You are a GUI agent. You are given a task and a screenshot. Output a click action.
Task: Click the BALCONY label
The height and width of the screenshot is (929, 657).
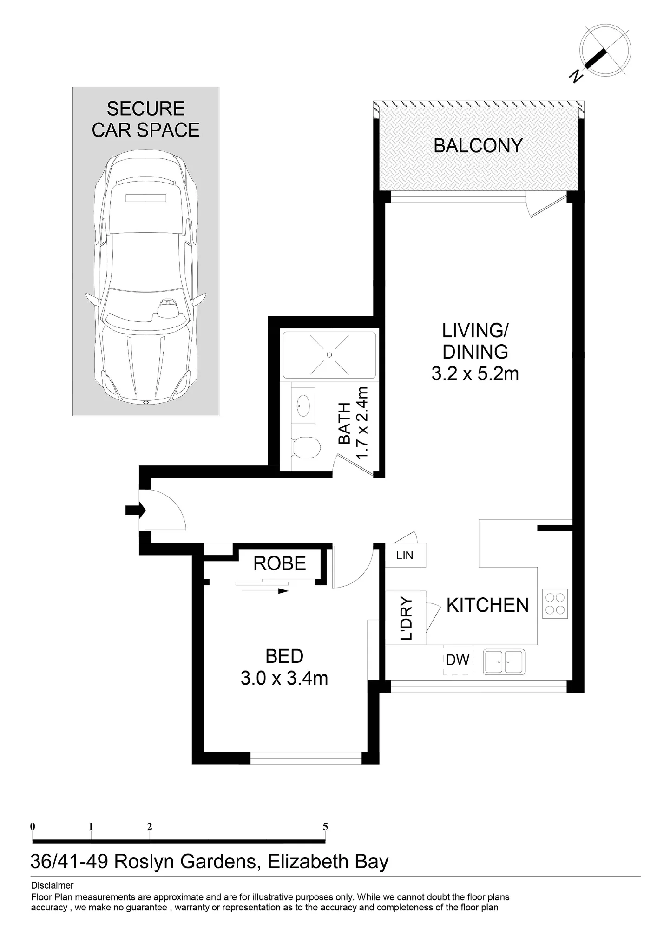pos(478,146)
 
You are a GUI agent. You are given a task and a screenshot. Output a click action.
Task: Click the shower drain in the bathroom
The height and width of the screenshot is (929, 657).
pos(329,355)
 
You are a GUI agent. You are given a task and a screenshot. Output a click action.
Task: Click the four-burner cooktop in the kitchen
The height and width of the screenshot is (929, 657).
pos(555,603)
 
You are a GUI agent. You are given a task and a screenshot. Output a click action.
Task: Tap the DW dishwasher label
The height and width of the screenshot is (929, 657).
pos(458,660)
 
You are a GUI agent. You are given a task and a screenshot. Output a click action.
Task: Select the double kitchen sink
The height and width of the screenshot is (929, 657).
pos(504,661)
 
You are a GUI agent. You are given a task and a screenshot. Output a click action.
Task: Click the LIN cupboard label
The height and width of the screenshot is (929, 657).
pos(405,555)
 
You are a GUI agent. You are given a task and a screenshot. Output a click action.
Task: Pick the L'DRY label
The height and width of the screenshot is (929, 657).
pos(406,617)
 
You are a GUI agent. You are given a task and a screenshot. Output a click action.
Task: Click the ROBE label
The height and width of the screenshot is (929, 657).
pos(280,563)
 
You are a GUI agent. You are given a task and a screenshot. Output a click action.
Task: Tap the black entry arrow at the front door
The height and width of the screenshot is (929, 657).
pos(136,510)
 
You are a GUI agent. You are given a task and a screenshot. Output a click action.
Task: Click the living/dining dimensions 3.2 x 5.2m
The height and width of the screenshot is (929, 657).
pos(475,373)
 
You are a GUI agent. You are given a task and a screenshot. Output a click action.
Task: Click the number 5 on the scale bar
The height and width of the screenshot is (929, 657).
pos(325,826)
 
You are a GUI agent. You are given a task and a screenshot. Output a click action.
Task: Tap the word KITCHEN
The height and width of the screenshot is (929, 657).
pos(487,605)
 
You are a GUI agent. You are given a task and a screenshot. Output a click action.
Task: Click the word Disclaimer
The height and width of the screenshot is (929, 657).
pos(52,885)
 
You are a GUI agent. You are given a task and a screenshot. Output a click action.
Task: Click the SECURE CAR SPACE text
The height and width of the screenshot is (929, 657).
pos(146,119)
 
